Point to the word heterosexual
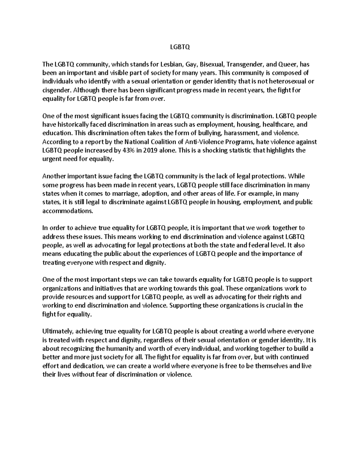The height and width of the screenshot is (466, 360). (x=288, y=82)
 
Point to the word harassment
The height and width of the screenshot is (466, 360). (x=238, y=133)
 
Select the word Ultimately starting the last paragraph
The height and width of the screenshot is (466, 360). (x=58, y=332)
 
